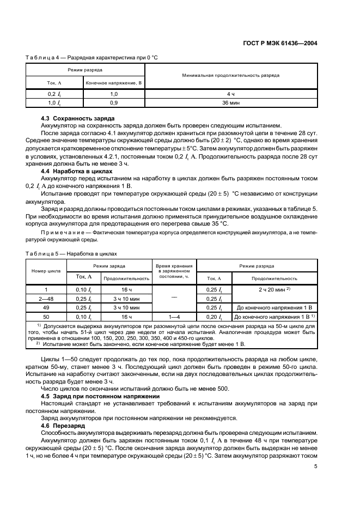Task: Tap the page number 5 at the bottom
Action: click(316, 466)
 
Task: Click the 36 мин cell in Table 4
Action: click(231, 102)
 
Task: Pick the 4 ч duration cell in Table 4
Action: click(231, 94)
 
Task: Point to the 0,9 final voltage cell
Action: click(114, 102)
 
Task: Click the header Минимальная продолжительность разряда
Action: click(231, 75)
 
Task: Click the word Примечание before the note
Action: click(64, 233)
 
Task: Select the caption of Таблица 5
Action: click(71, 253)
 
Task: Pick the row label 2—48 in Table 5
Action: click(46, 299)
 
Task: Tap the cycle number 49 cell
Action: click(46, 308)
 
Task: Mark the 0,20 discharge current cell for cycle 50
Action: click(214, 317)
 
